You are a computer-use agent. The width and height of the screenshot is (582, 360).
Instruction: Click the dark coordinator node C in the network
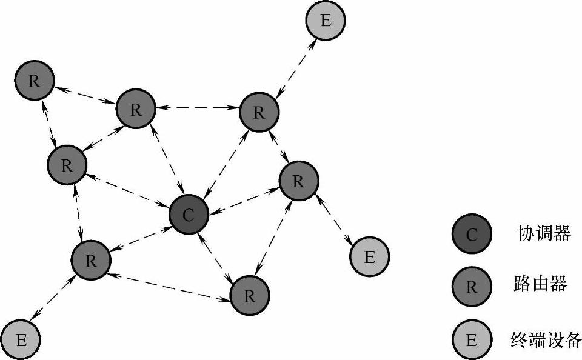point(189,216)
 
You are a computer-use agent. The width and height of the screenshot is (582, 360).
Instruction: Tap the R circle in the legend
point(472,286)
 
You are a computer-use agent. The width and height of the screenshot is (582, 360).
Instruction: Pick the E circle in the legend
point(472,339)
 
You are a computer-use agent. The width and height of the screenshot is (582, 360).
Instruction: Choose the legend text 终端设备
point(546,339)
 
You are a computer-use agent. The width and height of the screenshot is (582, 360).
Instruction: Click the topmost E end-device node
point(326,21)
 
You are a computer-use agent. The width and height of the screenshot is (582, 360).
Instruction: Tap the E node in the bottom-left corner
point(21,339)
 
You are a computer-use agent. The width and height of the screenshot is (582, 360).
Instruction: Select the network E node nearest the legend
point(369,257)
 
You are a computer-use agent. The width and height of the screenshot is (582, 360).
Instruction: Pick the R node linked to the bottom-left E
point(92,261)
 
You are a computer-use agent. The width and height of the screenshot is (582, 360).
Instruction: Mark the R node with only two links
point(35,81)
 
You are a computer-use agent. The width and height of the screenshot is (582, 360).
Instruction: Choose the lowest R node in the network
point(249,296)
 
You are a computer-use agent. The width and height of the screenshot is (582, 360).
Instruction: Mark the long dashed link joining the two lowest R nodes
point(170,284)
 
